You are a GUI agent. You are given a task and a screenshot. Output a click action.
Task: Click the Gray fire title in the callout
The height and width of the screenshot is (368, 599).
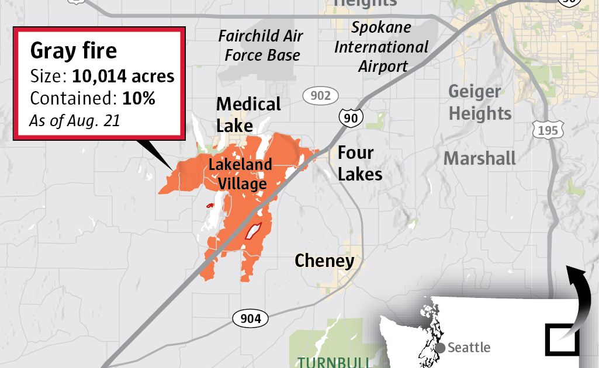tap(74, 51)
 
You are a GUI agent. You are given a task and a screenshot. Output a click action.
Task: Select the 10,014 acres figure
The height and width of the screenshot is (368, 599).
tap(123, 77)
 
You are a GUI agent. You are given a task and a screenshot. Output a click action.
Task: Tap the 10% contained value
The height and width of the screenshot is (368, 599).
tap(139, 98)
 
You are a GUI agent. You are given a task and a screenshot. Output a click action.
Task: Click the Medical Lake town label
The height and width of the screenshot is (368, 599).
tap(248, 114)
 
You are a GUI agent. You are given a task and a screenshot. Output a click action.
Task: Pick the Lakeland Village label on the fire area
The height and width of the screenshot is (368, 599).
tap(240, 174)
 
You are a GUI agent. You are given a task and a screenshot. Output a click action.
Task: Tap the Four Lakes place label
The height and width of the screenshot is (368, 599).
tap(359, 164)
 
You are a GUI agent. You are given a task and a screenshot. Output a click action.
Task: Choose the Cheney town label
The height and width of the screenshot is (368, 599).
tap(324, 261)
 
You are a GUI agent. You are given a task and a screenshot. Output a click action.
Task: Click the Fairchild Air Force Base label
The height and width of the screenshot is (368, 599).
tap(261, 46)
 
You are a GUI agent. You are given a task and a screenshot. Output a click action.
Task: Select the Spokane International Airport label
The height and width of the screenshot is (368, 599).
tap(382, 47)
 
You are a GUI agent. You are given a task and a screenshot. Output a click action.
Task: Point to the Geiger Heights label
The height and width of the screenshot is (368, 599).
tap(479, 102)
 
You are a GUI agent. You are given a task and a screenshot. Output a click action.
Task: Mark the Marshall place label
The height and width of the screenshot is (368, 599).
tap(479, 158)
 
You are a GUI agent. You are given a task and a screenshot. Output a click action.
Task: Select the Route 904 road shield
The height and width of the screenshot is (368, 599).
tap(251, 318)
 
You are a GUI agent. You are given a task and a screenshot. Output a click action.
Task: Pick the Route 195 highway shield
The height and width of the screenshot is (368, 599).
tap(548, 130)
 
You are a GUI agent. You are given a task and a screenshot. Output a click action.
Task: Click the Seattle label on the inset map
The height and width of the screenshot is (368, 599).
tap(469, 348)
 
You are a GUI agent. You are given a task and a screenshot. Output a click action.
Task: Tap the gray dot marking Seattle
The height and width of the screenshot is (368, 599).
tap(440, 348)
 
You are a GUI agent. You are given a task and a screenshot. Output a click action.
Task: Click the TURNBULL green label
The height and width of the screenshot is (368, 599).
tap(333, 362)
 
